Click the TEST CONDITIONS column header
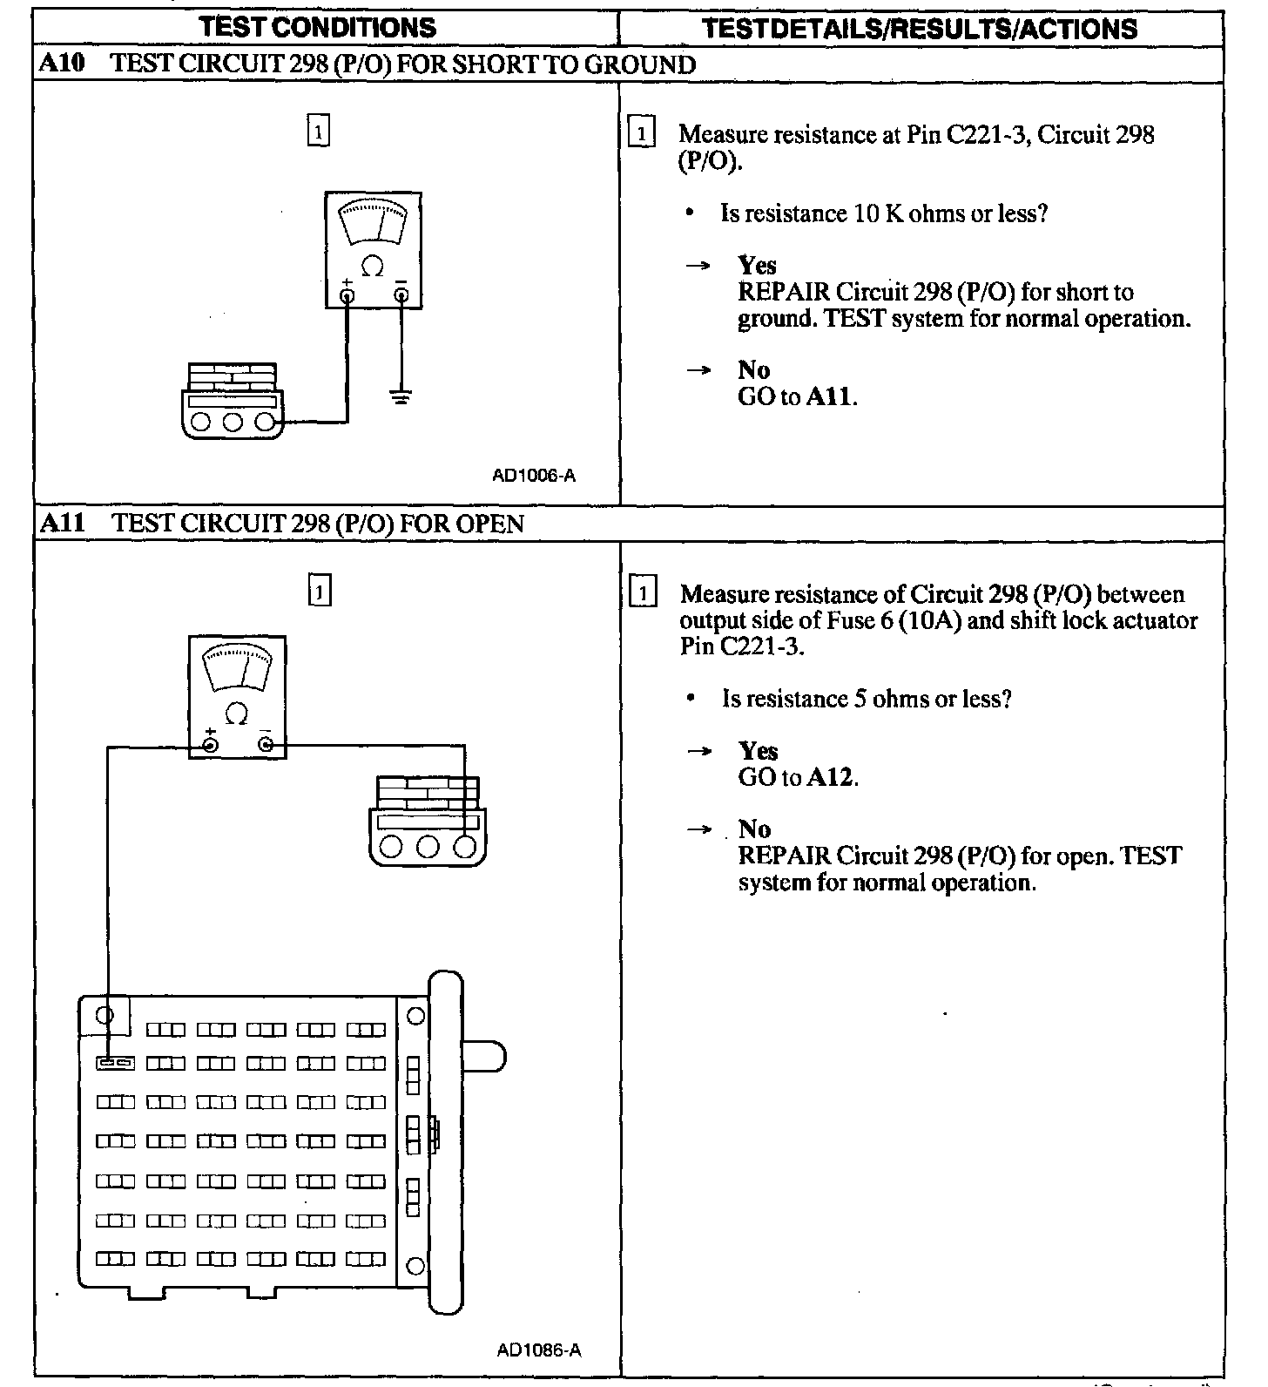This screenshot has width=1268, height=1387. pos(318,28)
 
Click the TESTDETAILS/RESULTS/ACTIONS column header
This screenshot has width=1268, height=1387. pos(920,29)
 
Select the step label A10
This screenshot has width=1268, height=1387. pos(62,64)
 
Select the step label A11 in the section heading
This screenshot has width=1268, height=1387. pos(62,524)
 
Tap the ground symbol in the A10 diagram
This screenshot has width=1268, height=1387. pos(401,398)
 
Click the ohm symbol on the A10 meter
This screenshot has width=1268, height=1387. pos(372,267)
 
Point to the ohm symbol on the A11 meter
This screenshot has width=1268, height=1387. pos(236,714)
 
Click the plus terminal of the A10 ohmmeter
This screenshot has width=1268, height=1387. pos(347,296)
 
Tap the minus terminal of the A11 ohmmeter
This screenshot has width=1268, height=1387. pos(266,745)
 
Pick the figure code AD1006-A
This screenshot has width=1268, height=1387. pos(534,476)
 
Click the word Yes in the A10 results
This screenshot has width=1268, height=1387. pos(757,265)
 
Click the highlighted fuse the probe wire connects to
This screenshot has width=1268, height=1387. pos(115,1063)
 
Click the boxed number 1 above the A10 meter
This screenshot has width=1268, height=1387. pos(320,132)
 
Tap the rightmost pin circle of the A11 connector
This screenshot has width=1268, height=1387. pos(465,846)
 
